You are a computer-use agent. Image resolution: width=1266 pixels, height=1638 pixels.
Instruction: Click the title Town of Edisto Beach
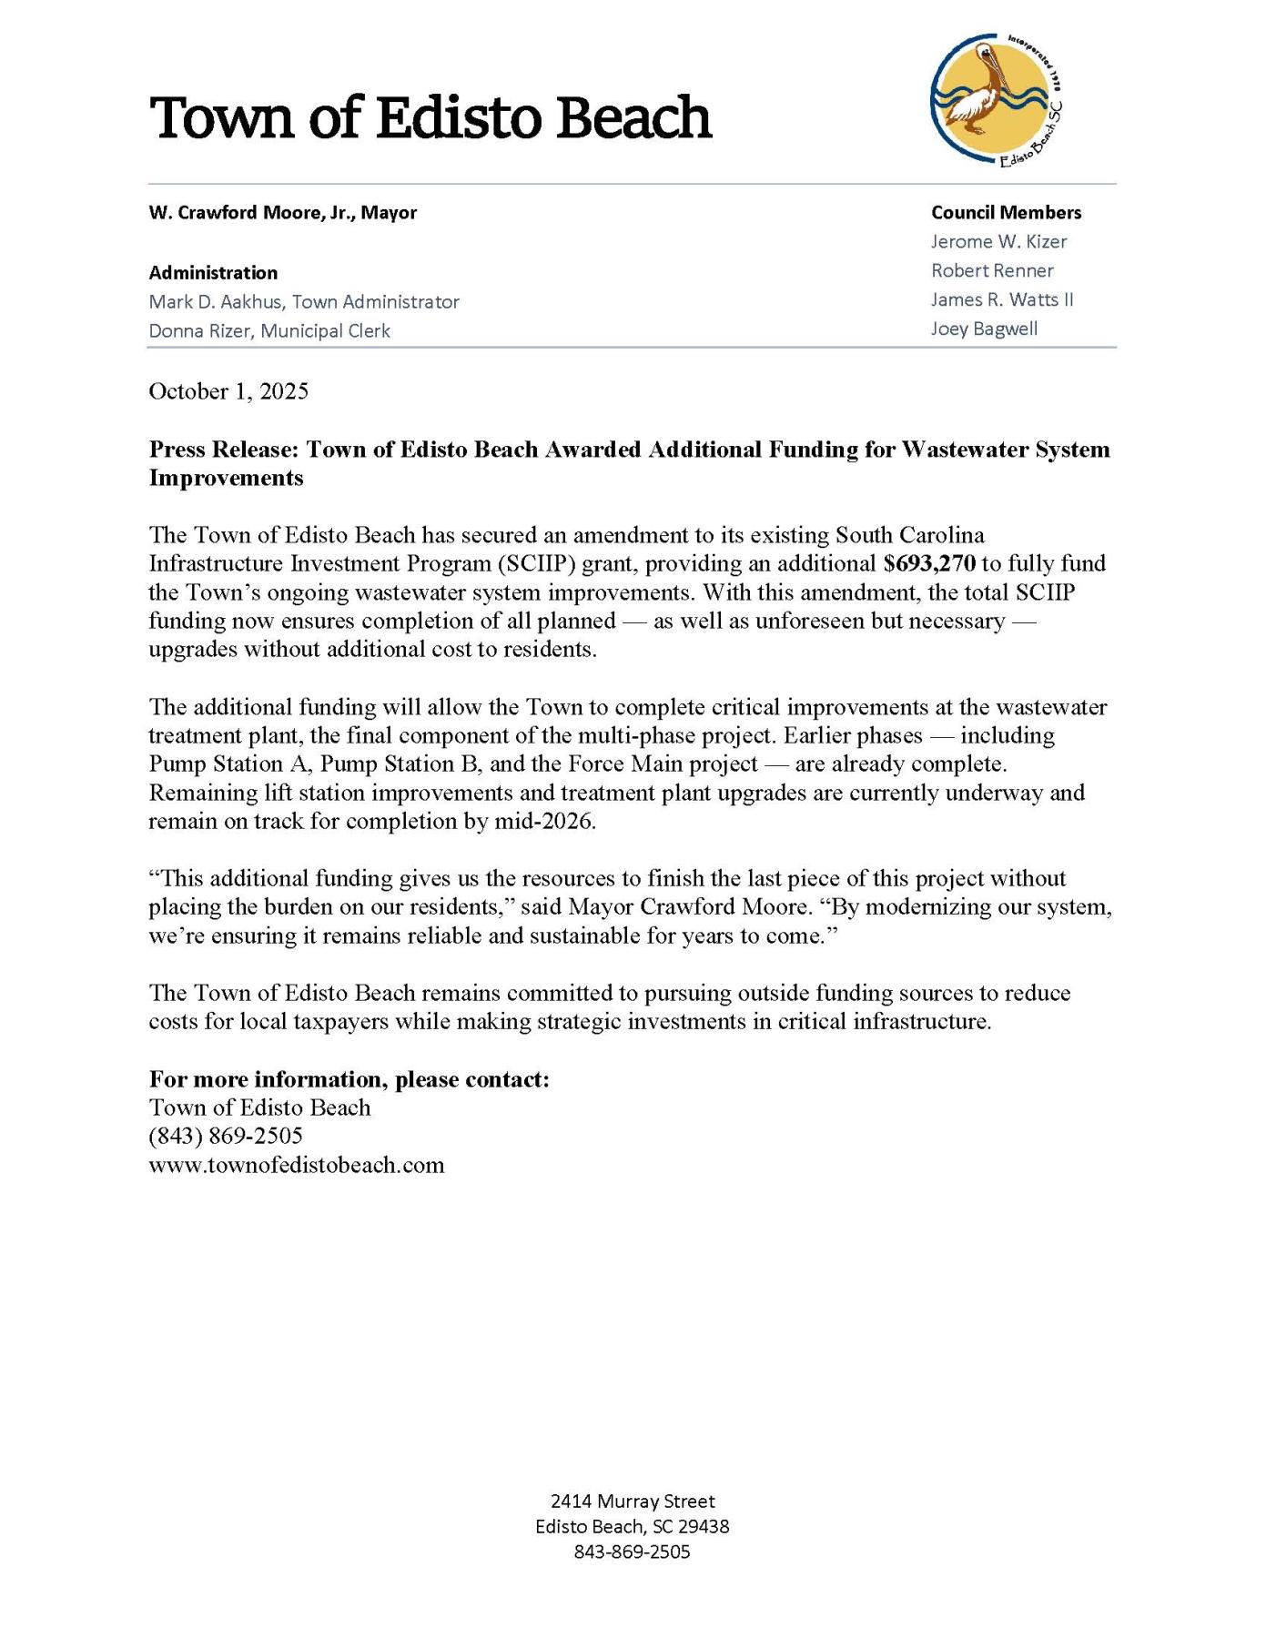[x=430, y=118]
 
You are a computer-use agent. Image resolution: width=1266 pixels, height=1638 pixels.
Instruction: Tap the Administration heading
[x=213, y=273]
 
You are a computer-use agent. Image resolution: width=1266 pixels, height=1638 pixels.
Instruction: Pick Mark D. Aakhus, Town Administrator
[x=304, y=302]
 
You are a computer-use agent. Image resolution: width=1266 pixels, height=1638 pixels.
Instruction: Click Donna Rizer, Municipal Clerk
[x=269, y=331]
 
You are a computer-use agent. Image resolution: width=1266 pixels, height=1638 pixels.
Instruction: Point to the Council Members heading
[x=1006, y=213]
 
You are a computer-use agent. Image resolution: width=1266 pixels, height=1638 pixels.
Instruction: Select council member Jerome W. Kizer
[x=998, y=242]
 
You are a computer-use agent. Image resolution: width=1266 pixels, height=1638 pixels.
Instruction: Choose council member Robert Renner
[x=992, y=271]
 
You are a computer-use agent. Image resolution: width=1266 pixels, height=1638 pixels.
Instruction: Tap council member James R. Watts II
[x=1002, y=300]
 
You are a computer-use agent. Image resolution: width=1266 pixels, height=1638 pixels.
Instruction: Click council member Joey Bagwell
[x=984, y=329]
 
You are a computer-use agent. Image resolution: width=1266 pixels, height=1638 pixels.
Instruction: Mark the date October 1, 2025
[x=228, y=391]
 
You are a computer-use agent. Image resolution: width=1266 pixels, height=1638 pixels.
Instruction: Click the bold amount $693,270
[x=929, y=563]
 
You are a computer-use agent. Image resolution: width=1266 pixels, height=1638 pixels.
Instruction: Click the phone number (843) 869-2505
[x=226, y=1137]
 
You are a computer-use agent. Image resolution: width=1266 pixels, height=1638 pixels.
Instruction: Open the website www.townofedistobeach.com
[x=297, y=1166]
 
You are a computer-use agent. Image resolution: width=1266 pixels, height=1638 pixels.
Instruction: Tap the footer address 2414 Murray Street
[x=633, y=1501]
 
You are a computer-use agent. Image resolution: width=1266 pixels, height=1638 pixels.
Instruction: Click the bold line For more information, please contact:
[x=349, y=1080]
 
